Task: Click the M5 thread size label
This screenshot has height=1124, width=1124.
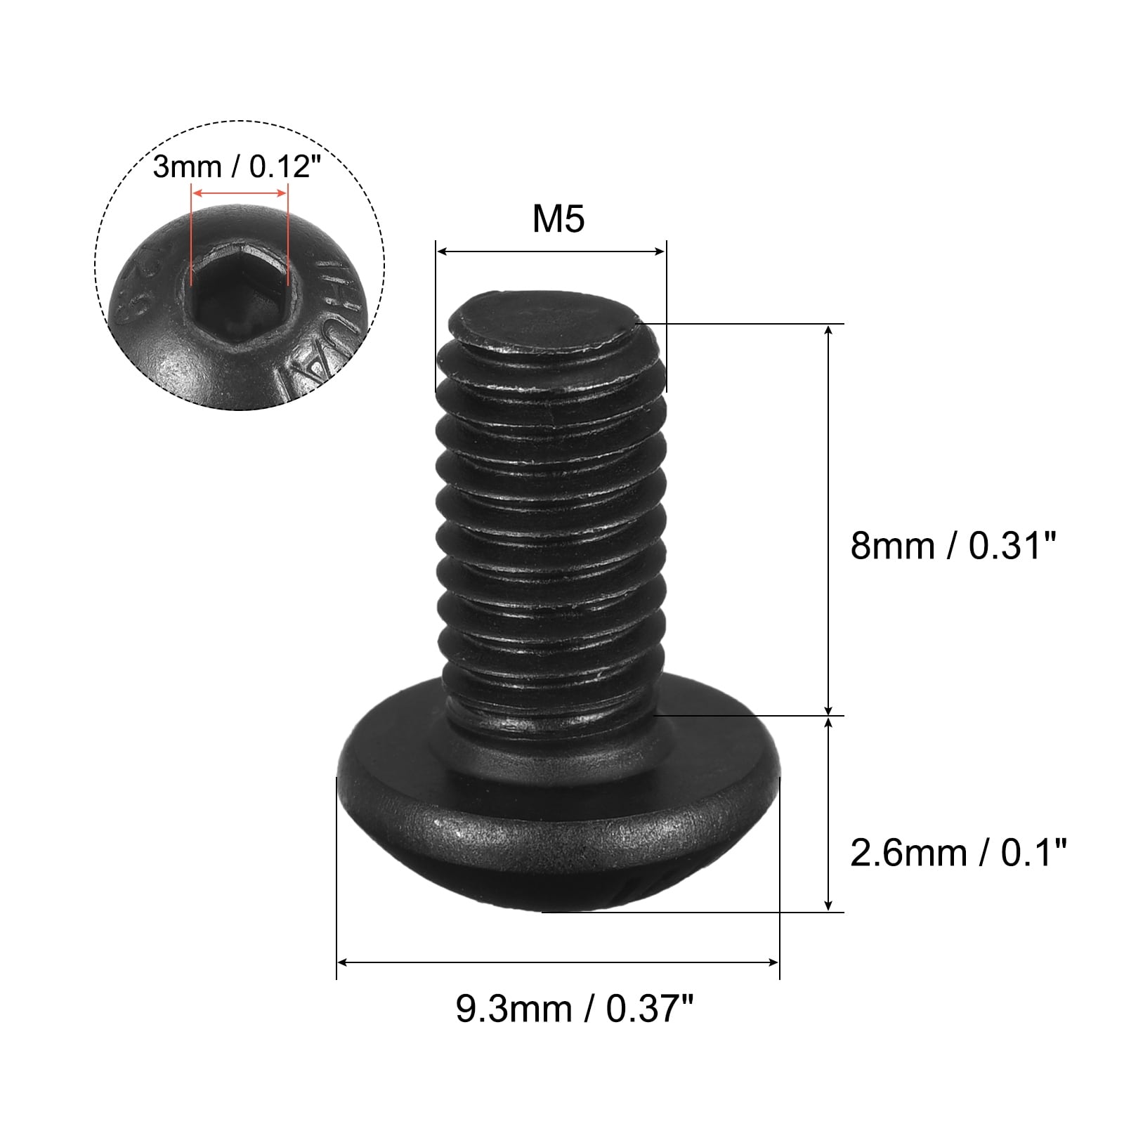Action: [558, 219]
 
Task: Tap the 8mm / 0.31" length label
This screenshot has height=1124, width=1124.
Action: [953, 545]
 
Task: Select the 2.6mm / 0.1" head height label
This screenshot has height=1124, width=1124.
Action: [958, 854]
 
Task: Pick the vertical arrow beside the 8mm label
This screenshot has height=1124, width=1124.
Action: [829, 520]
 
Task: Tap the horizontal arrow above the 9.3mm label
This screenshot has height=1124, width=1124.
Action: [558, 962]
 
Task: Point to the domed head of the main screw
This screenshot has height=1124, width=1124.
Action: [558, 829]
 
